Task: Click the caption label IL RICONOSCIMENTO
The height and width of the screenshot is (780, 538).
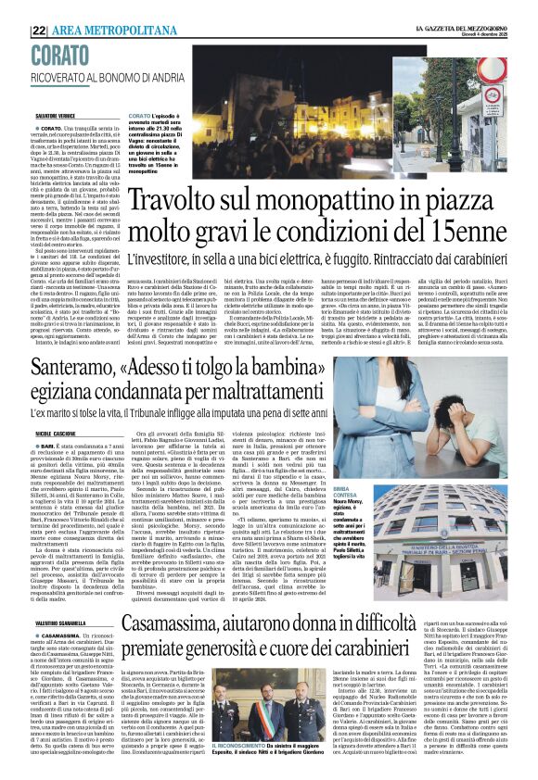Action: tap(239, 769)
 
